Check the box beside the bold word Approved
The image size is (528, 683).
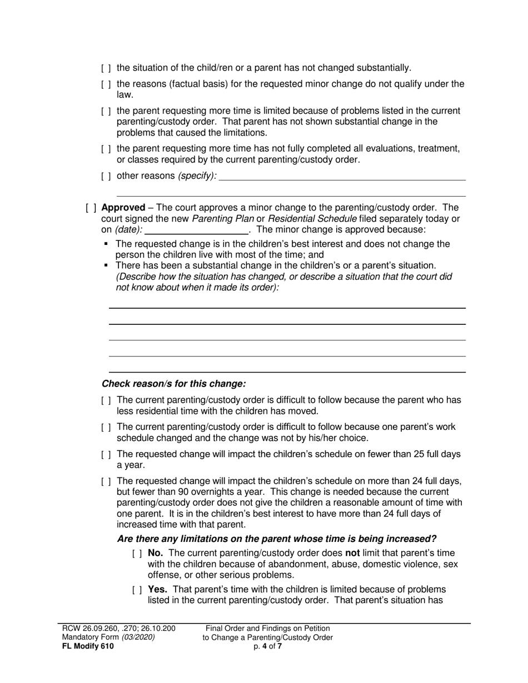(91, 208)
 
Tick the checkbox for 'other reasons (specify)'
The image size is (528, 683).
(106, 177)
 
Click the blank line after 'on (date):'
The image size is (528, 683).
(196, 229)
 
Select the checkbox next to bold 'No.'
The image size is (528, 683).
(137, 554)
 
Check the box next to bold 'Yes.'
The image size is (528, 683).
(137, 590)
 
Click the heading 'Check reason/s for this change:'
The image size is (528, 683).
(173, 384)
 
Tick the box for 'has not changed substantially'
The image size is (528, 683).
(106, 68)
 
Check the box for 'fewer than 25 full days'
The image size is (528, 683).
(106, 455)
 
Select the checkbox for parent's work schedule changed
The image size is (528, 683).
(106, 428)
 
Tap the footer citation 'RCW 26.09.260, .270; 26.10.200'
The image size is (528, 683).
(118, 629)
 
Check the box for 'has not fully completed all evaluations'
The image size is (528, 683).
(106, 149)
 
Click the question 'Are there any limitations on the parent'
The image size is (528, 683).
(276, 539)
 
